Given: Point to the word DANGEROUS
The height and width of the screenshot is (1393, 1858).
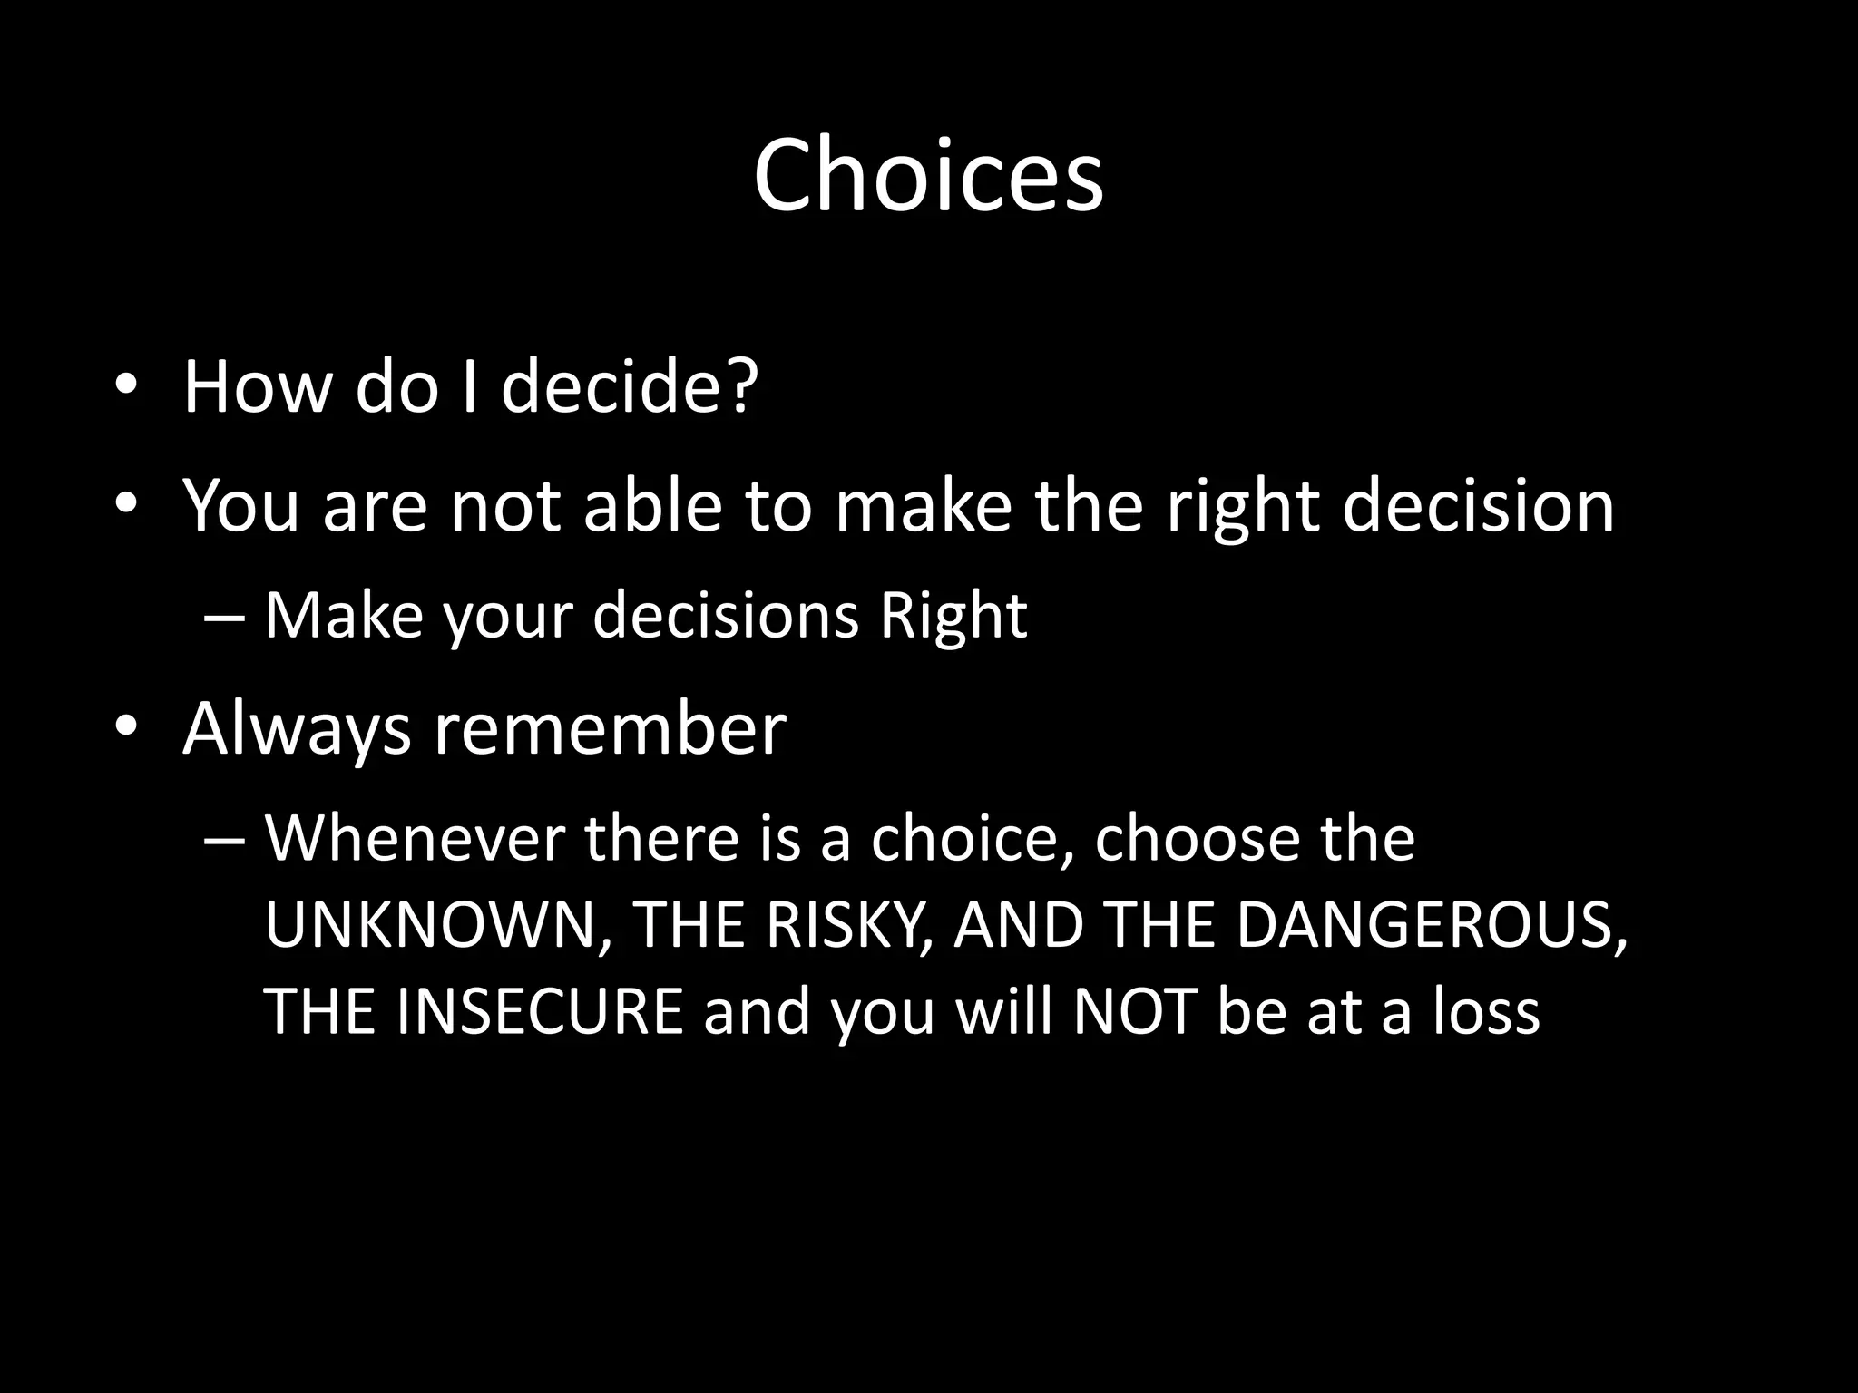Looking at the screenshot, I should tap(1431, 925).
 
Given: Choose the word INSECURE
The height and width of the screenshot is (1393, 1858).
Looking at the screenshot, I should tap(540, 1011).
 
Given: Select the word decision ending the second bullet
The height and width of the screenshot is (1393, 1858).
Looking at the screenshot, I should tap(1478, 505).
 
